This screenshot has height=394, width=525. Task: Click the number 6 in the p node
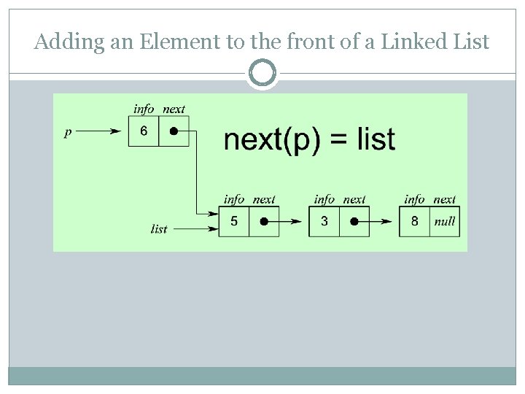pos(144,131)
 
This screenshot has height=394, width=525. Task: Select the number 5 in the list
pos(233,221)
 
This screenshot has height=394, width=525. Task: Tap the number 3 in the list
pos(324,221)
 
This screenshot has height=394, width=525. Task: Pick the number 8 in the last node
pos(414,221)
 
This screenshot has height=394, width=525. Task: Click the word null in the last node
pos(444,221)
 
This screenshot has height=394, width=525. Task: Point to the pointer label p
pos(68,132)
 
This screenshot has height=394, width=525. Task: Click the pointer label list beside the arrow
pos(159,229)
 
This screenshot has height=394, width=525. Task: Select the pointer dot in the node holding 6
pos(174,132)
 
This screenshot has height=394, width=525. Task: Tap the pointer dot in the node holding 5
pos(264,221)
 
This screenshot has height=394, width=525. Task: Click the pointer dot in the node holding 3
pos(354,221)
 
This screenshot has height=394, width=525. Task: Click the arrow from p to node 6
pos(99,132)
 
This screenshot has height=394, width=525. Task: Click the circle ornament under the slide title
pos(262,74)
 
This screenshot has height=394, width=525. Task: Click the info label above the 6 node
pos(144,109)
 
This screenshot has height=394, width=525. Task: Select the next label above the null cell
pos(444,198)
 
